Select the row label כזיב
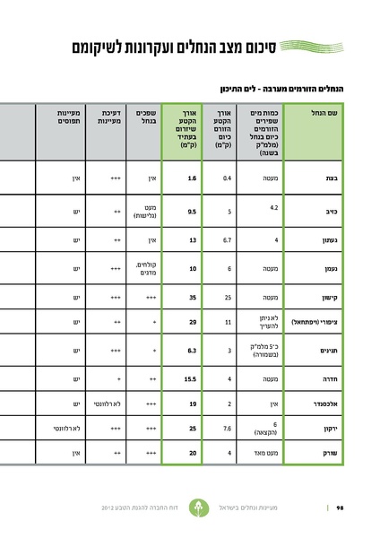(x=330, y=212)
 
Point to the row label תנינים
(x=327, y=352)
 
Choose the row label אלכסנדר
(x=324, y=404)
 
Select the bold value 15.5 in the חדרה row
(x=189, y=379)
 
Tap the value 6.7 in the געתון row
(x=229, y=240)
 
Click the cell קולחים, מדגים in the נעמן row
(x=145, y=268)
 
